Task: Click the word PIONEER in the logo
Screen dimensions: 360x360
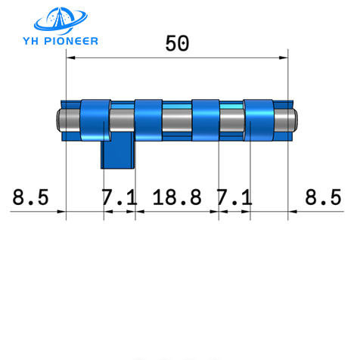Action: tap(73, 40)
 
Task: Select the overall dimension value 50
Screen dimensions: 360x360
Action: tap(176, 44)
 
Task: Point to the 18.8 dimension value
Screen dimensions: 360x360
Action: tap(177, 198)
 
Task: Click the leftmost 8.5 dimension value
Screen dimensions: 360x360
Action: tap(31, 198)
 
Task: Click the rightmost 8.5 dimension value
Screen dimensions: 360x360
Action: tap(323, 198)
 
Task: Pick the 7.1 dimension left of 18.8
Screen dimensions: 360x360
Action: tap(119, 198)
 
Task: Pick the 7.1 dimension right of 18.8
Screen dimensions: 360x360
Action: tap(234, 198)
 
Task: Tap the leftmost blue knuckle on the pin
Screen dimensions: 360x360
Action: tap(95, 120)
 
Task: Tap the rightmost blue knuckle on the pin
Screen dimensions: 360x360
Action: tap(258, 119)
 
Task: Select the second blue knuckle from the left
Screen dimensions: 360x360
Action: tap(148, 119)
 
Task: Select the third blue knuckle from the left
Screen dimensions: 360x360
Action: tap(205, 119)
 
